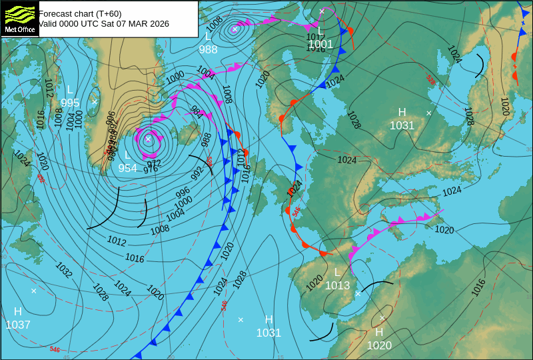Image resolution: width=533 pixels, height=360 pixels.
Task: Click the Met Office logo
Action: pos(19,18)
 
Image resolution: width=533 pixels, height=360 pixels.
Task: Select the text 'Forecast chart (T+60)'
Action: pos(80,13)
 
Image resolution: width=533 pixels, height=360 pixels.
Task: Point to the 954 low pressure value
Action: pos(127,169)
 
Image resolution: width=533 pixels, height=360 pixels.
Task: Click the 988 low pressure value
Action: pos(208,49)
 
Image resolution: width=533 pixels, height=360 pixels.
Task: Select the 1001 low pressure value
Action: pos(320,45)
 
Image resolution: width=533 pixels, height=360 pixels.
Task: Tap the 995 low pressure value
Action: pos(70,103)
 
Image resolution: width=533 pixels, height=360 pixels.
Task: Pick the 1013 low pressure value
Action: pos(337,285)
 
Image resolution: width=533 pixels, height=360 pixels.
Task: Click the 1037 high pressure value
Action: pos(18,325)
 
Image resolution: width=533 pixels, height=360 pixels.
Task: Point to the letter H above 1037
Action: pos(18,311)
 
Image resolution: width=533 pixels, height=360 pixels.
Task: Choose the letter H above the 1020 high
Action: pos(379,332)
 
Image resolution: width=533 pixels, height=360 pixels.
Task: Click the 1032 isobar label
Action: pos(64,270)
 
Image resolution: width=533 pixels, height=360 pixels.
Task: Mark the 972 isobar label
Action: pos(154,163)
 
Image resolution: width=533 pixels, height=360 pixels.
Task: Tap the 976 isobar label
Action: pos(151,169)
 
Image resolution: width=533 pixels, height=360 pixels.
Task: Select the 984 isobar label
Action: pos(197,111)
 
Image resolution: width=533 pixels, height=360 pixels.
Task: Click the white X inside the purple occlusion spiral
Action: pos(148,139)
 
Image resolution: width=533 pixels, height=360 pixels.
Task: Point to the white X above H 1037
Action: pos(34,291)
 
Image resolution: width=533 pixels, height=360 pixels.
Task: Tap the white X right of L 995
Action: pos(95,101)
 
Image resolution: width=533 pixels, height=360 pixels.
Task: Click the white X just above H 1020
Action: pos(382,318)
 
